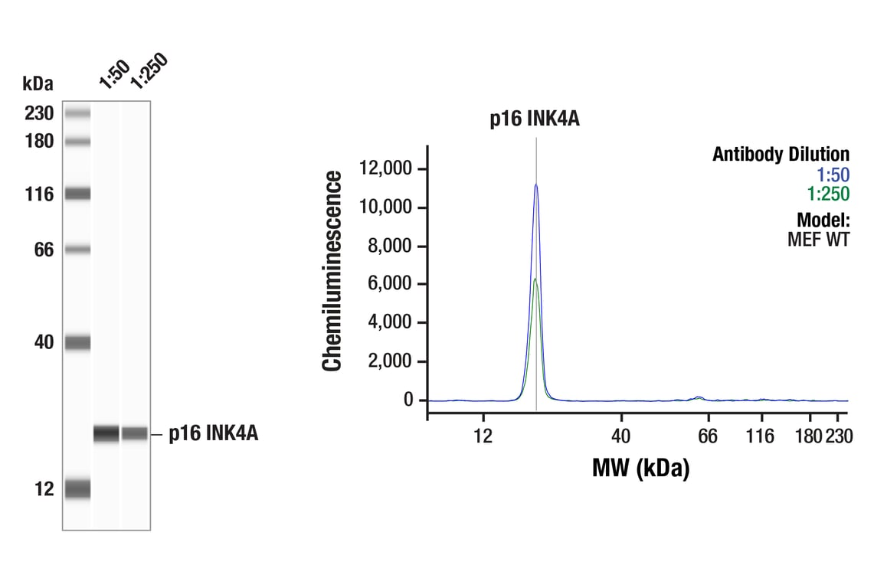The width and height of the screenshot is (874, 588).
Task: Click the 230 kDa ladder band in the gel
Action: coord(77,114)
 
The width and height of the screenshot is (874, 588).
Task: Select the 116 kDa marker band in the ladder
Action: coord(77,194)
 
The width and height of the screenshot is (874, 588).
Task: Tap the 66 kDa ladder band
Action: coord(77,250)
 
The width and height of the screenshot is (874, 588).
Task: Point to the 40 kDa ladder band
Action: coord(77,342)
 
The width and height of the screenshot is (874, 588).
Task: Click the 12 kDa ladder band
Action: coord(77,488)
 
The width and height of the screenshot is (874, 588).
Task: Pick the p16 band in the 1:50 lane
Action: coord(106,433)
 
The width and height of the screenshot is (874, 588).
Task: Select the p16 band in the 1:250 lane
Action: coord(135,433)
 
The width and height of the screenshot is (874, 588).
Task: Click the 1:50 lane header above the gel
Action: coord(113,73)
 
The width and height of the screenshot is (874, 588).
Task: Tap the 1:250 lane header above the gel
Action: coord(148,71)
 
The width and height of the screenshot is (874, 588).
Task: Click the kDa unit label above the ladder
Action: coord(38,83)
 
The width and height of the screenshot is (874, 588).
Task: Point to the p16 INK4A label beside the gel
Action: coord(214,434)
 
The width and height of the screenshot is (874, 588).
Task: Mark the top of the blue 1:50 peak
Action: coord(536,185)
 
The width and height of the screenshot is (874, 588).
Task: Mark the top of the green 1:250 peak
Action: coord(536,279)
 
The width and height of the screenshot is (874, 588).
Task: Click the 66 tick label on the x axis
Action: coord(707,436)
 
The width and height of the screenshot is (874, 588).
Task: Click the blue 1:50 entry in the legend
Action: coord(833,174)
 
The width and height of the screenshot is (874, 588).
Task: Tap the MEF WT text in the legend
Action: coord(818,239)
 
